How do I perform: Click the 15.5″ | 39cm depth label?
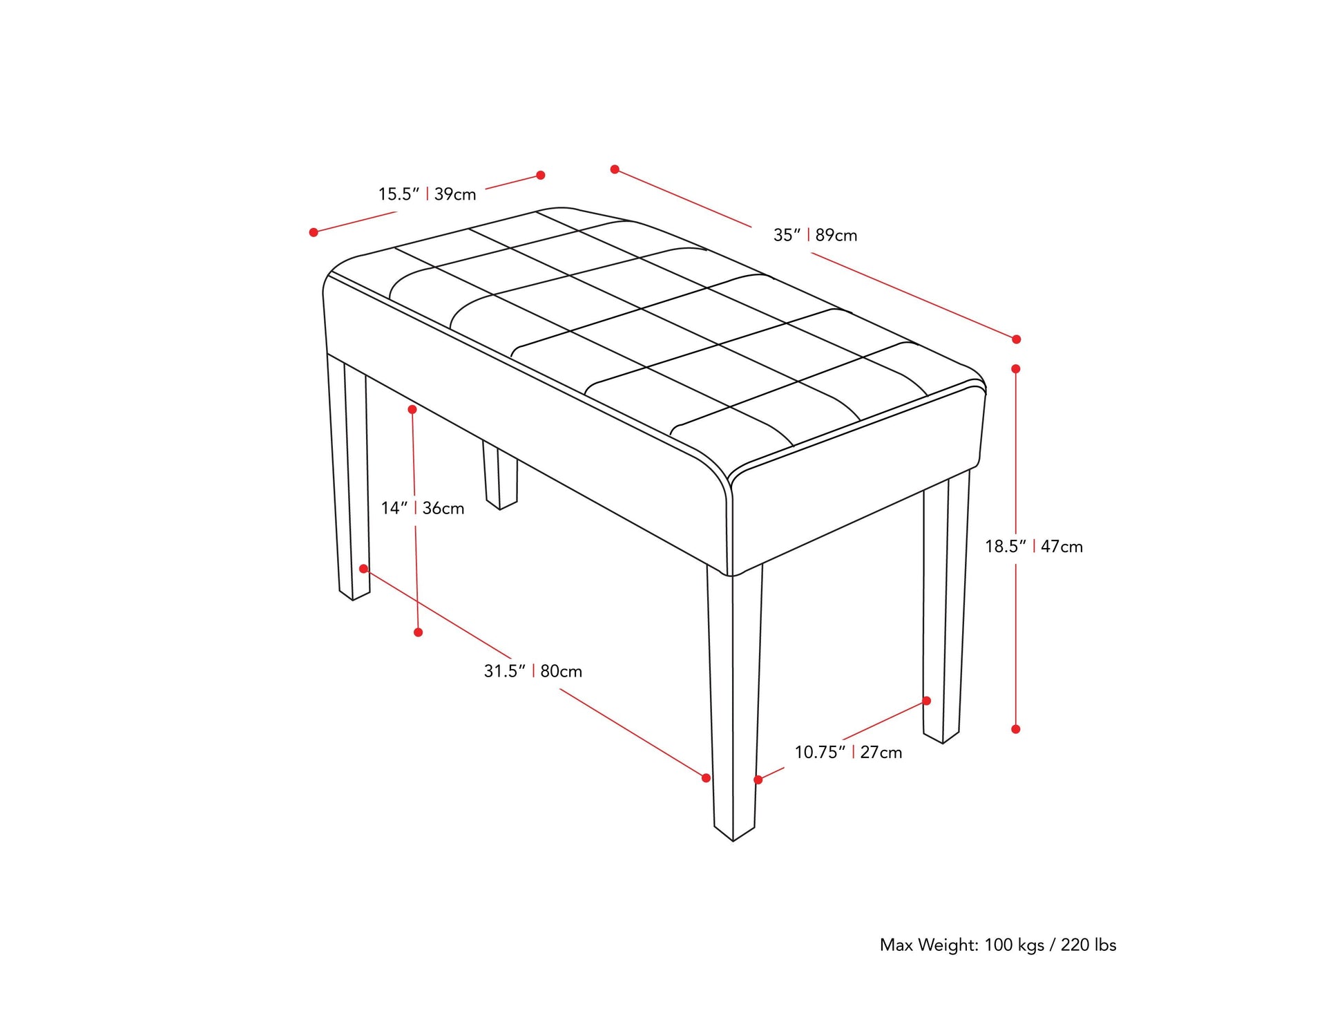427,194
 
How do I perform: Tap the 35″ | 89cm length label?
815,235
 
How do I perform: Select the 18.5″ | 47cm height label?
1033,547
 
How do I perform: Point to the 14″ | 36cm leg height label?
423,509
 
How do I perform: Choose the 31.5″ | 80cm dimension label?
532,671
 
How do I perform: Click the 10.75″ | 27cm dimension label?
848,752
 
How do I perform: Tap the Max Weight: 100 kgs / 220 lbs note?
998,945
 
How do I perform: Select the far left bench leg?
348,477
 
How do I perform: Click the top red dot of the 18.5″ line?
1015,369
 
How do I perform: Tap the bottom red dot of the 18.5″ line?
1015,729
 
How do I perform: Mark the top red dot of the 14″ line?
412,410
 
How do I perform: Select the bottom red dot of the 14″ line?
418,632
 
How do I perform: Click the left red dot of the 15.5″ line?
314,232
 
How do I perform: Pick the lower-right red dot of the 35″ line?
1016,339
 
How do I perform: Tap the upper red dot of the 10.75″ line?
927,701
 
